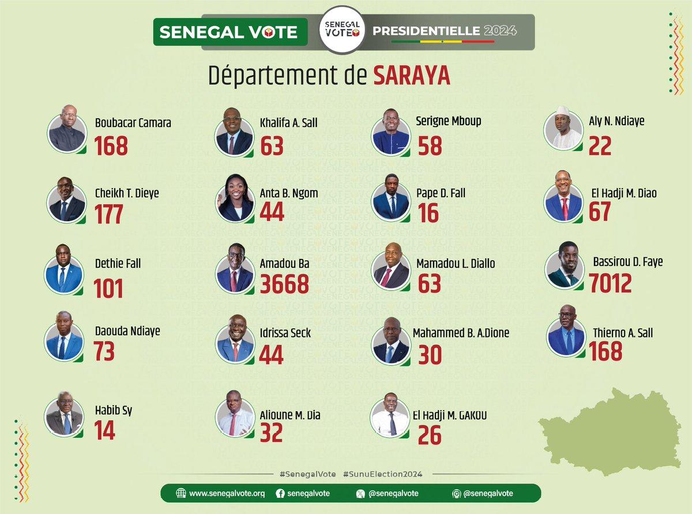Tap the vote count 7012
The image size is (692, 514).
610,283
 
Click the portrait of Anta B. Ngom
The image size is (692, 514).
235,198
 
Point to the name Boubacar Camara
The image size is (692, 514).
133,123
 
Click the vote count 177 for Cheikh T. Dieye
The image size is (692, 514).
109,214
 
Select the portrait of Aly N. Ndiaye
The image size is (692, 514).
563,129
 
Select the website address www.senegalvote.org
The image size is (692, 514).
227,493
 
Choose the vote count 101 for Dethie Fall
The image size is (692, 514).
109,288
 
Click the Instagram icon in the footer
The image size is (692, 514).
456,493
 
